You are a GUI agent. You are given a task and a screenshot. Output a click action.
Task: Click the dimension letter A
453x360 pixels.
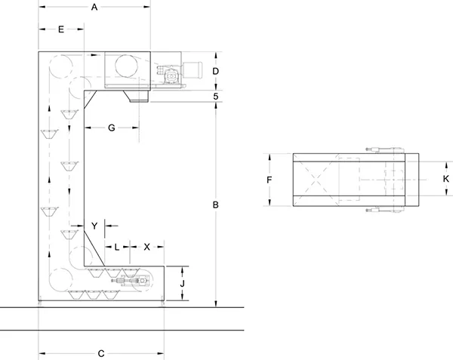tap(94, 8)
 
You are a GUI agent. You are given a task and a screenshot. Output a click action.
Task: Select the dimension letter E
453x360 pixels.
tap(61, 29)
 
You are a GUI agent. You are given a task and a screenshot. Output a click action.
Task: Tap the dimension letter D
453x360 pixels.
tap(215, 71)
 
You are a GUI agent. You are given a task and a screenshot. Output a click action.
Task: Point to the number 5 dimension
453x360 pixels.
tap(216, 96)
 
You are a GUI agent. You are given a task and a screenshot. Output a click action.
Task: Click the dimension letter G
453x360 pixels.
tap(111, 128)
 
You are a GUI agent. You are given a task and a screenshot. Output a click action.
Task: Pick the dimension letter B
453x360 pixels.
tap(215, 205)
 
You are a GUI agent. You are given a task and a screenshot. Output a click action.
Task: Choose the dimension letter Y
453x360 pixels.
tap(94, 226)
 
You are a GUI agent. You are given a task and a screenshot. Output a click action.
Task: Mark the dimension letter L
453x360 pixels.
tap(117, 247)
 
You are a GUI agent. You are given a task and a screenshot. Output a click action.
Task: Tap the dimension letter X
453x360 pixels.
tap(146, 247)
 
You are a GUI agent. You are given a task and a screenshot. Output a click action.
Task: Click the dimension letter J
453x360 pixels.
tap(182, 284)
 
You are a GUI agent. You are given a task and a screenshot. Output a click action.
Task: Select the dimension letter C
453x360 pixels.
tap(101, 354)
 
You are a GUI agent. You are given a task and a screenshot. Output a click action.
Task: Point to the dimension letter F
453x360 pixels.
tap(269, 180)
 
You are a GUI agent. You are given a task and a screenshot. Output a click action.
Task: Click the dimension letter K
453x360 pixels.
tap(445, 179)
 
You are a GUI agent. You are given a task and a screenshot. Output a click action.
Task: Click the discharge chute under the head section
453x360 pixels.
tap(136, 96)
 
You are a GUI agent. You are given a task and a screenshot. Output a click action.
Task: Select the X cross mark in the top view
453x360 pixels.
tap(316, 180)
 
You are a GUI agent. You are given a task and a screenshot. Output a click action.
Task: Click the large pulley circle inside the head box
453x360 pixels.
tap(127, 66)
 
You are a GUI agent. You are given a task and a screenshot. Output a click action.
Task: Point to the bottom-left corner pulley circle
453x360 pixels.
tap(60, 280)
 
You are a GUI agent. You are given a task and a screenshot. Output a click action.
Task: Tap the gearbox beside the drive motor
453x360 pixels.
tap(171, 75)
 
